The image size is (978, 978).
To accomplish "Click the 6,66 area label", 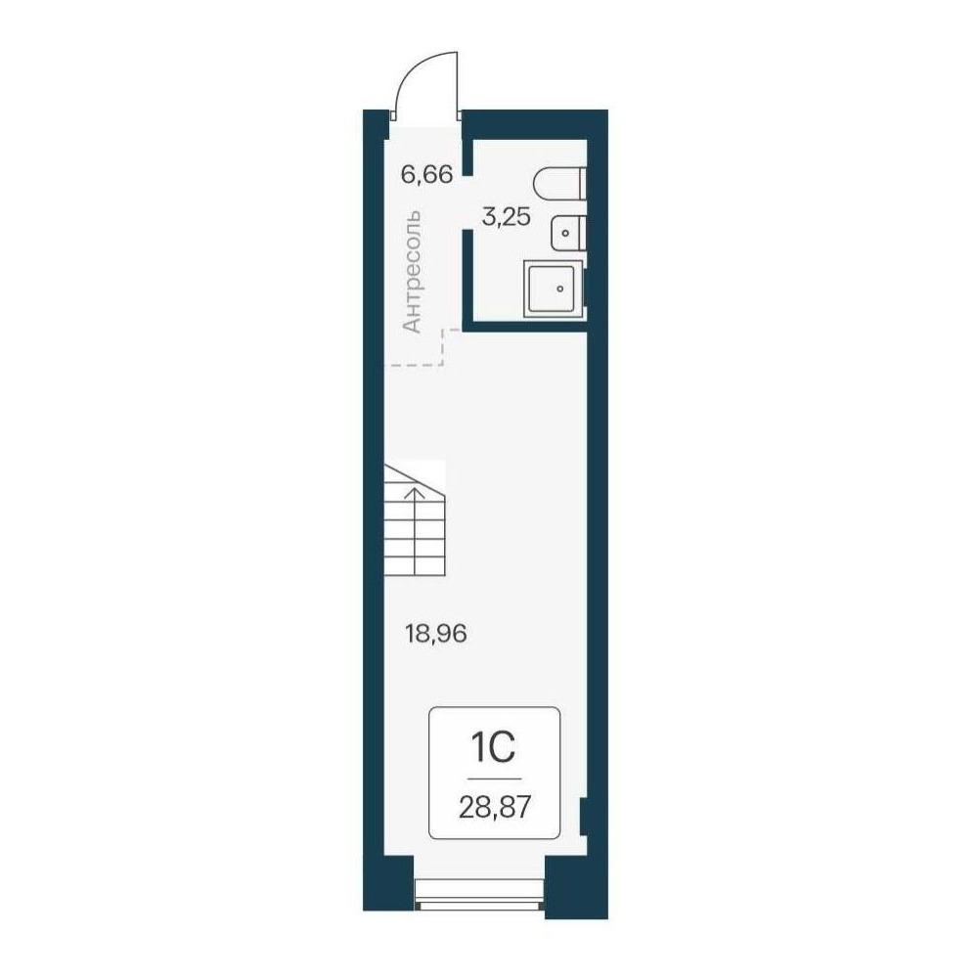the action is click(x=426, y=175).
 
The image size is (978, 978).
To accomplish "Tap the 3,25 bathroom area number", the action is click(x=507, y=217).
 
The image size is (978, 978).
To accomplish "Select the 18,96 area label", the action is click(x=436, y=635).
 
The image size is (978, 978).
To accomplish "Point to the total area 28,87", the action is click(x=495, y=809).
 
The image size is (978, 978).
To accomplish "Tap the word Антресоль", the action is click(x=413, y=272).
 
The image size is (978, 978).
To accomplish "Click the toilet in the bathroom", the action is click(x=560, y=182).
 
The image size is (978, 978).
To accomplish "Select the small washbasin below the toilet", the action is click(x=567, y=233).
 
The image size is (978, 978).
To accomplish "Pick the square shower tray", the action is click(x=554, y=289).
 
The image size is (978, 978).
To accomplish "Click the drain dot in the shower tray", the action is click(x=560, y=289).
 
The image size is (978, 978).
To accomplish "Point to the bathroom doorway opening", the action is click(x=466, y=202).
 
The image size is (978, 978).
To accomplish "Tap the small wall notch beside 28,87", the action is click(x=583, y=816).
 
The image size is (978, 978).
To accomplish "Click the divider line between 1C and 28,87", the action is click(x=494, y=779).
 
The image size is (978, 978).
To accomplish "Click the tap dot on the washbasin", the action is click(x=565, y=233).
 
